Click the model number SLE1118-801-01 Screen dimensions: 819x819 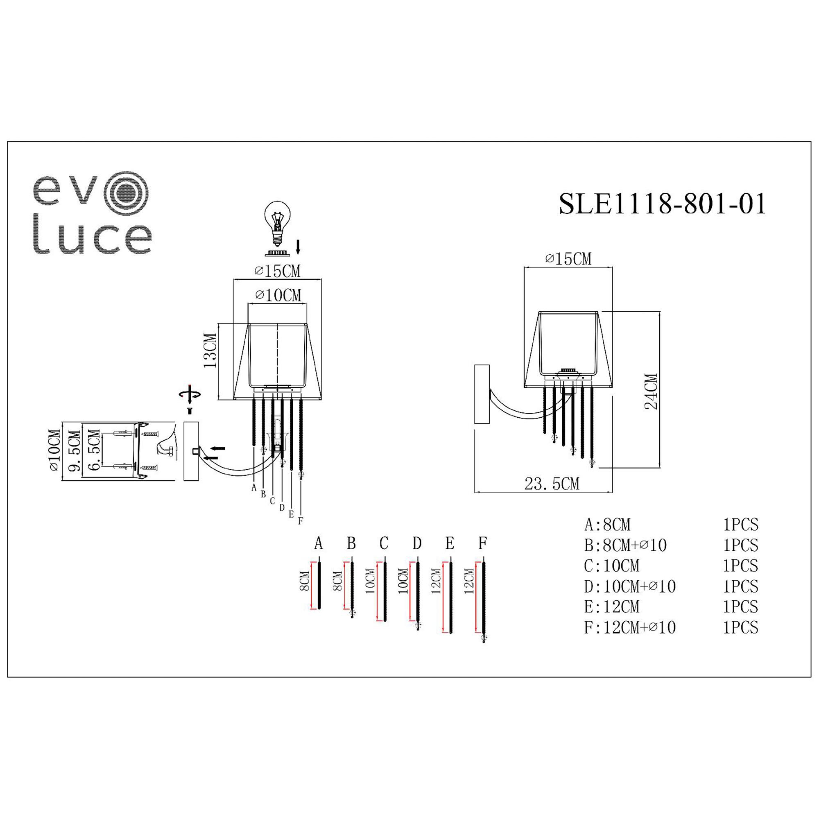[x=663, y=204]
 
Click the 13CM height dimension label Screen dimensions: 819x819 [x=210, y=351]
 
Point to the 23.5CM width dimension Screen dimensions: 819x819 [x=552, y=484]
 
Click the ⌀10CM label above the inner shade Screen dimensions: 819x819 [x=278, y=295]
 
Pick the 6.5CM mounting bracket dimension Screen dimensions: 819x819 [x=94, y=450]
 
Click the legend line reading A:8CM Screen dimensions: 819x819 [x=607, y=525]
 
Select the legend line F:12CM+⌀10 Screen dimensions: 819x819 [x=629, y=627]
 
